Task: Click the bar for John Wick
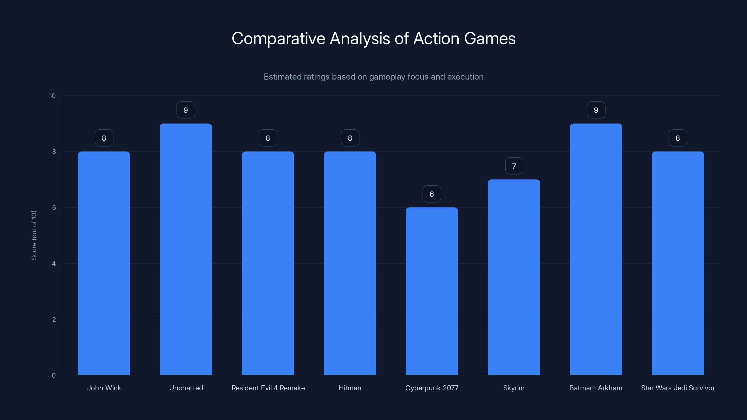pos(104,263)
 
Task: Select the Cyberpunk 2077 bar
pos(432,291)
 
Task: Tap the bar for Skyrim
pos(514,277)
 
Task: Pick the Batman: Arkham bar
pos(596,249)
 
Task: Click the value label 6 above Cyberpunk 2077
pos(431,194)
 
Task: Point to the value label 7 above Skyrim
pos(514,166)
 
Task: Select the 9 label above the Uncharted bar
pos(186,110)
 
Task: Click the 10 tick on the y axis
pos(53,96)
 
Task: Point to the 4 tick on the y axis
pos(54,263)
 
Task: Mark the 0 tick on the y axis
pos(54,375)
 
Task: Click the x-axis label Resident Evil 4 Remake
pos(268,388)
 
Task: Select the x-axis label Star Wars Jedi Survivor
pos(678,388)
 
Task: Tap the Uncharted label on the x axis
pos(186,388)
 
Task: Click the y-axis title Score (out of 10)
pos(34,235)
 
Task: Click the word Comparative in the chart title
pos(278,38)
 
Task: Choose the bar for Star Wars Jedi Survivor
pos(678,263)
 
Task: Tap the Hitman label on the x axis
pos(350,388)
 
